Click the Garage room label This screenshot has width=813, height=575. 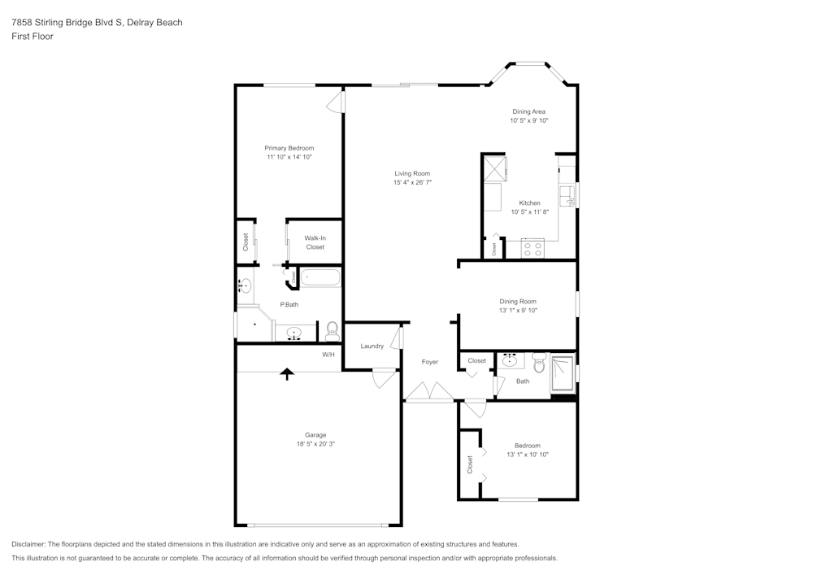point(315,435)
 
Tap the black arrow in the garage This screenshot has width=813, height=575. point(286,372)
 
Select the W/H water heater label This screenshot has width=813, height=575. point(328,355)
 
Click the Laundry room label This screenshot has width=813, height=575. point(372,346)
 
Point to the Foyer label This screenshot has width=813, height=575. point(430,362)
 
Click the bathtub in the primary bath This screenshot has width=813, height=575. point(320,278)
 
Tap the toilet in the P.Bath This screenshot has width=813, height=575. point(332,330)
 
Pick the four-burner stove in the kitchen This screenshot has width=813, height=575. point(533,249)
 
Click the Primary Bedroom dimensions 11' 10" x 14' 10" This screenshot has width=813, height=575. point(289,157)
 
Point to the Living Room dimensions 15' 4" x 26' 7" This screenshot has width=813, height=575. point(412,183)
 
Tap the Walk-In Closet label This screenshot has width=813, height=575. point(315,242)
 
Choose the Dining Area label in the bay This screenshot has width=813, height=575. point(528,111)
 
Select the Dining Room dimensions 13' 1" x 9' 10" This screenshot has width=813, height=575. point(518,311)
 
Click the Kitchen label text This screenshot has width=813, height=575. point(529,203)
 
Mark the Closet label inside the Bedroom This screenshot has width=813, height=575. point(470,464)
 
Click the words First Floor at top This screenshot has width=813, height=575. point(33,37)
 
